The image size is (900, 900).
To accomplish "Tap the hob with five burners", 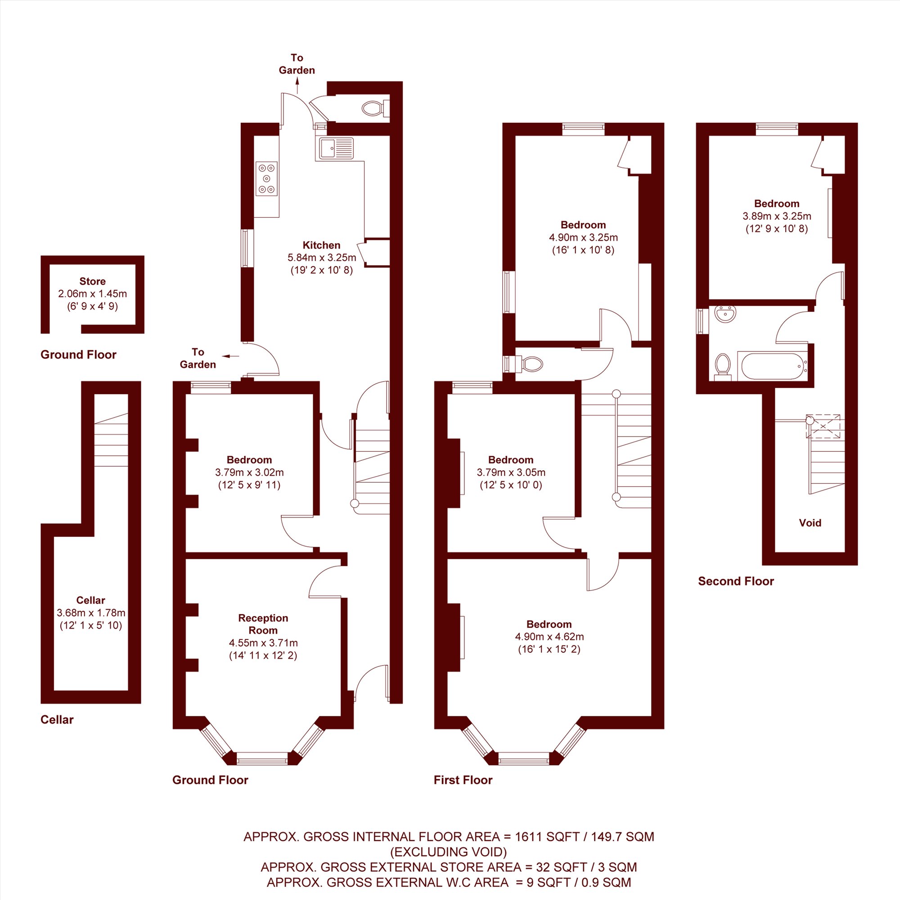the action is pyautogui.click(x=266, y=178).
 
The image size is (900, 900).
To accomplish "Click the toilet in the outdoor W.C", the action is pyautogui.click(x=375, y=108).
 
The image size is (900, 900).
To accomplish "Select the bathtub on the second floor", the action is pyautogui.click(x=773, y=366).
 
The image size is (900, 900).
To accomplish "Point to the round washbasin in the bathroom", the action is pyautogui.click(x=725, y=314).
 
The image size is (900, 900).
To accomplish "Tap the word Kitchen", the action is pyautogui.click(x=321, y=245).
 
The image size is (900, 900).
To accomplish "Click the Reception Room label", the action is pyautogui.click(x=263, y=624).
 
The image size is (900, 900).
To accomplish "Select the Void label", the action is pyautogui.click(x=810, y=522).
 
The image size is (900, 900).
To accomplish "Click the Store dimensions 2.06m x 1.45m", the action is pyautogui.click(x=92, y=293).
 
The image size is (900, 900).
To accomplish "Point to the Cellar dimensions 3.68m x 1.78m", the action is pyautogui.click(x=91, y=612).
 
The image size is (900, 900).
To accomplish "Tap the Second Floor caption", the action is pyautogui.click(x=736, y=581).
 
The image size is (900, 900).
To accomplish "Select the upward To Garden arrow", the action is pyautogui.click(x=297, y=85).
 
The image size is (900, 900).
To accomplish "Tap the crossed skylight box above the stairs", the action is pyautogui.click(x=823, y=426).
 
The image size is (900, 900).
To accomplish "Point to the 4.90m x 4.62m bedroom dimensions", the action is pyautogui.click(x=549, y=636).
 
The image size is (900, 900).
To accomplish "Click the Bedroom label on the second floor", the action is pyautogui.click(x=777, y=203).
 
